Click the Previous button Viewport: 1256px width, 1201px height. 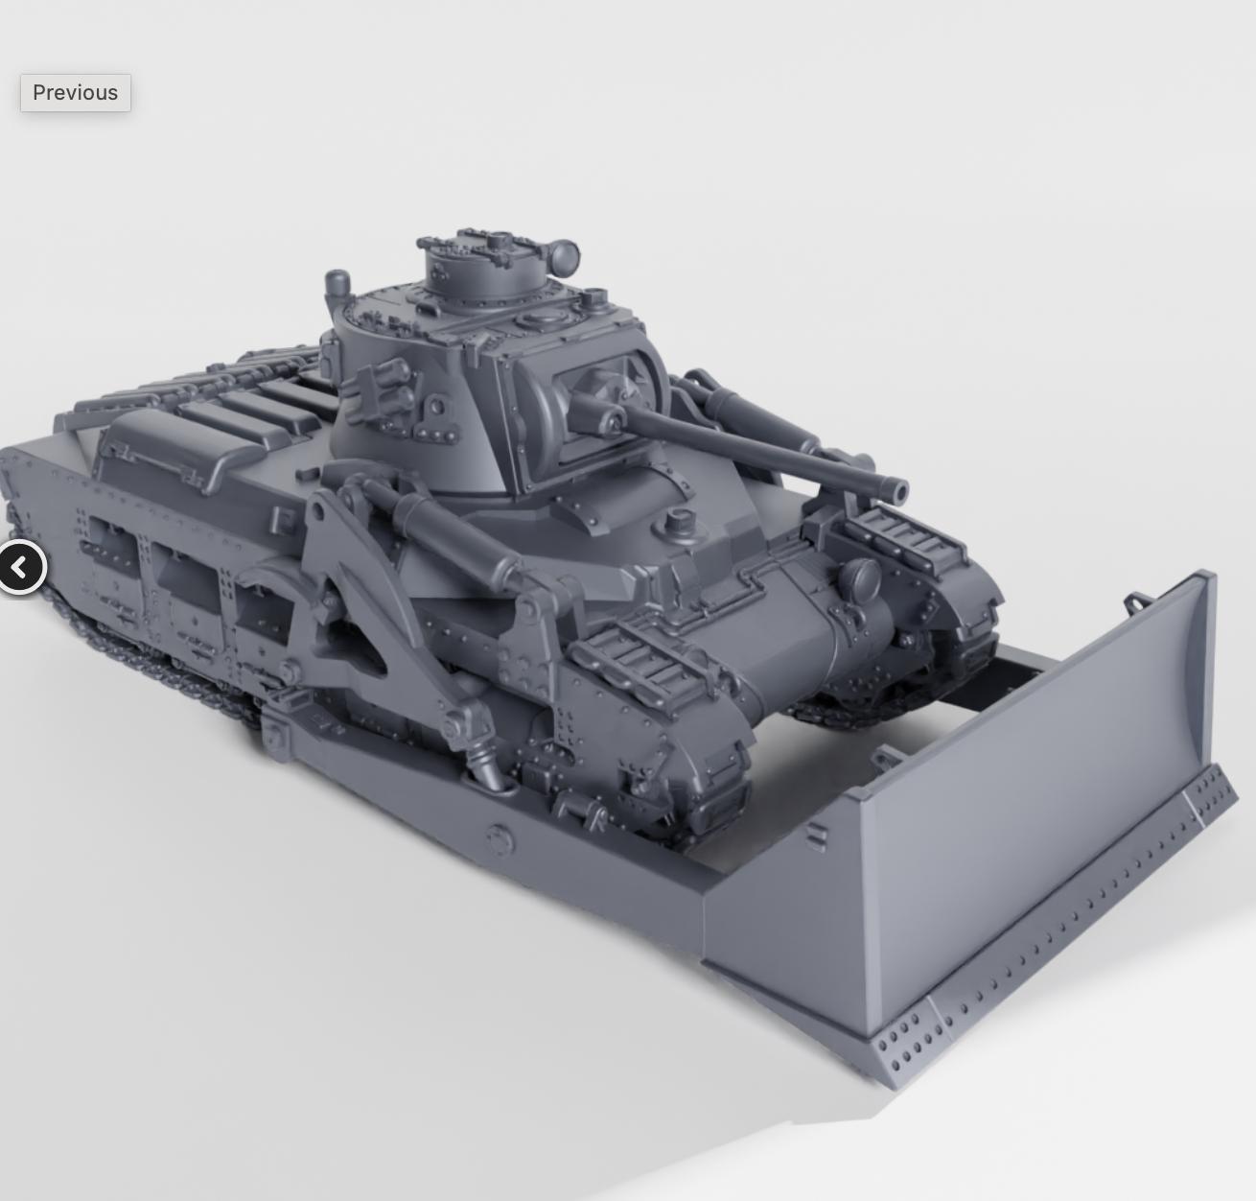tap(76, 93)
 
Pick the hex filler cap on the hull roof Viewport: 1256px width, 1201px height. tap(677, 519)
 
